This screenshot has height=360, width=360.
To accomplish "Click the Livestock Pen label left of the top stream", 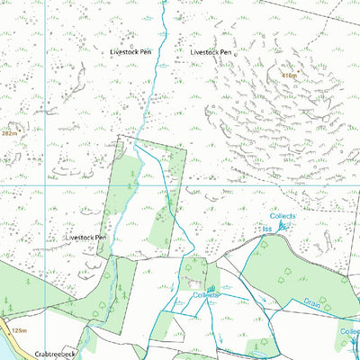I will click(130, 53).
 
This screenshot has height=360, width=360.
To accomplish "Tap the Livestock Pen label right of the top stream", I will click(211, 53).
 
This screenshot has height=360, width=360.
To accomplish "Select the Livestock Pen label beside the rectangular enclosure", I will click(86, 238).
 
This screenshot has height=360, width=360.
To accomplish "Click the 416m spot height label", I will click(289, 76).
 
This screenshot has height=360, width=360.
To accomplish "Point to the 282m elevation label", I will click(10, 132).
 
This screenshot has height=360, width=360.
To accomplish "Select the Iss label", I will click(266, 229).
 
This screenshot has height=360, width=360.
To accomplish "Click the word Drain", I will click(311, 303).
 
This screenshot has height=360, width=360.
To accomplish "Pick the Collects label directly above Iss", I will click(283, 217).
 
